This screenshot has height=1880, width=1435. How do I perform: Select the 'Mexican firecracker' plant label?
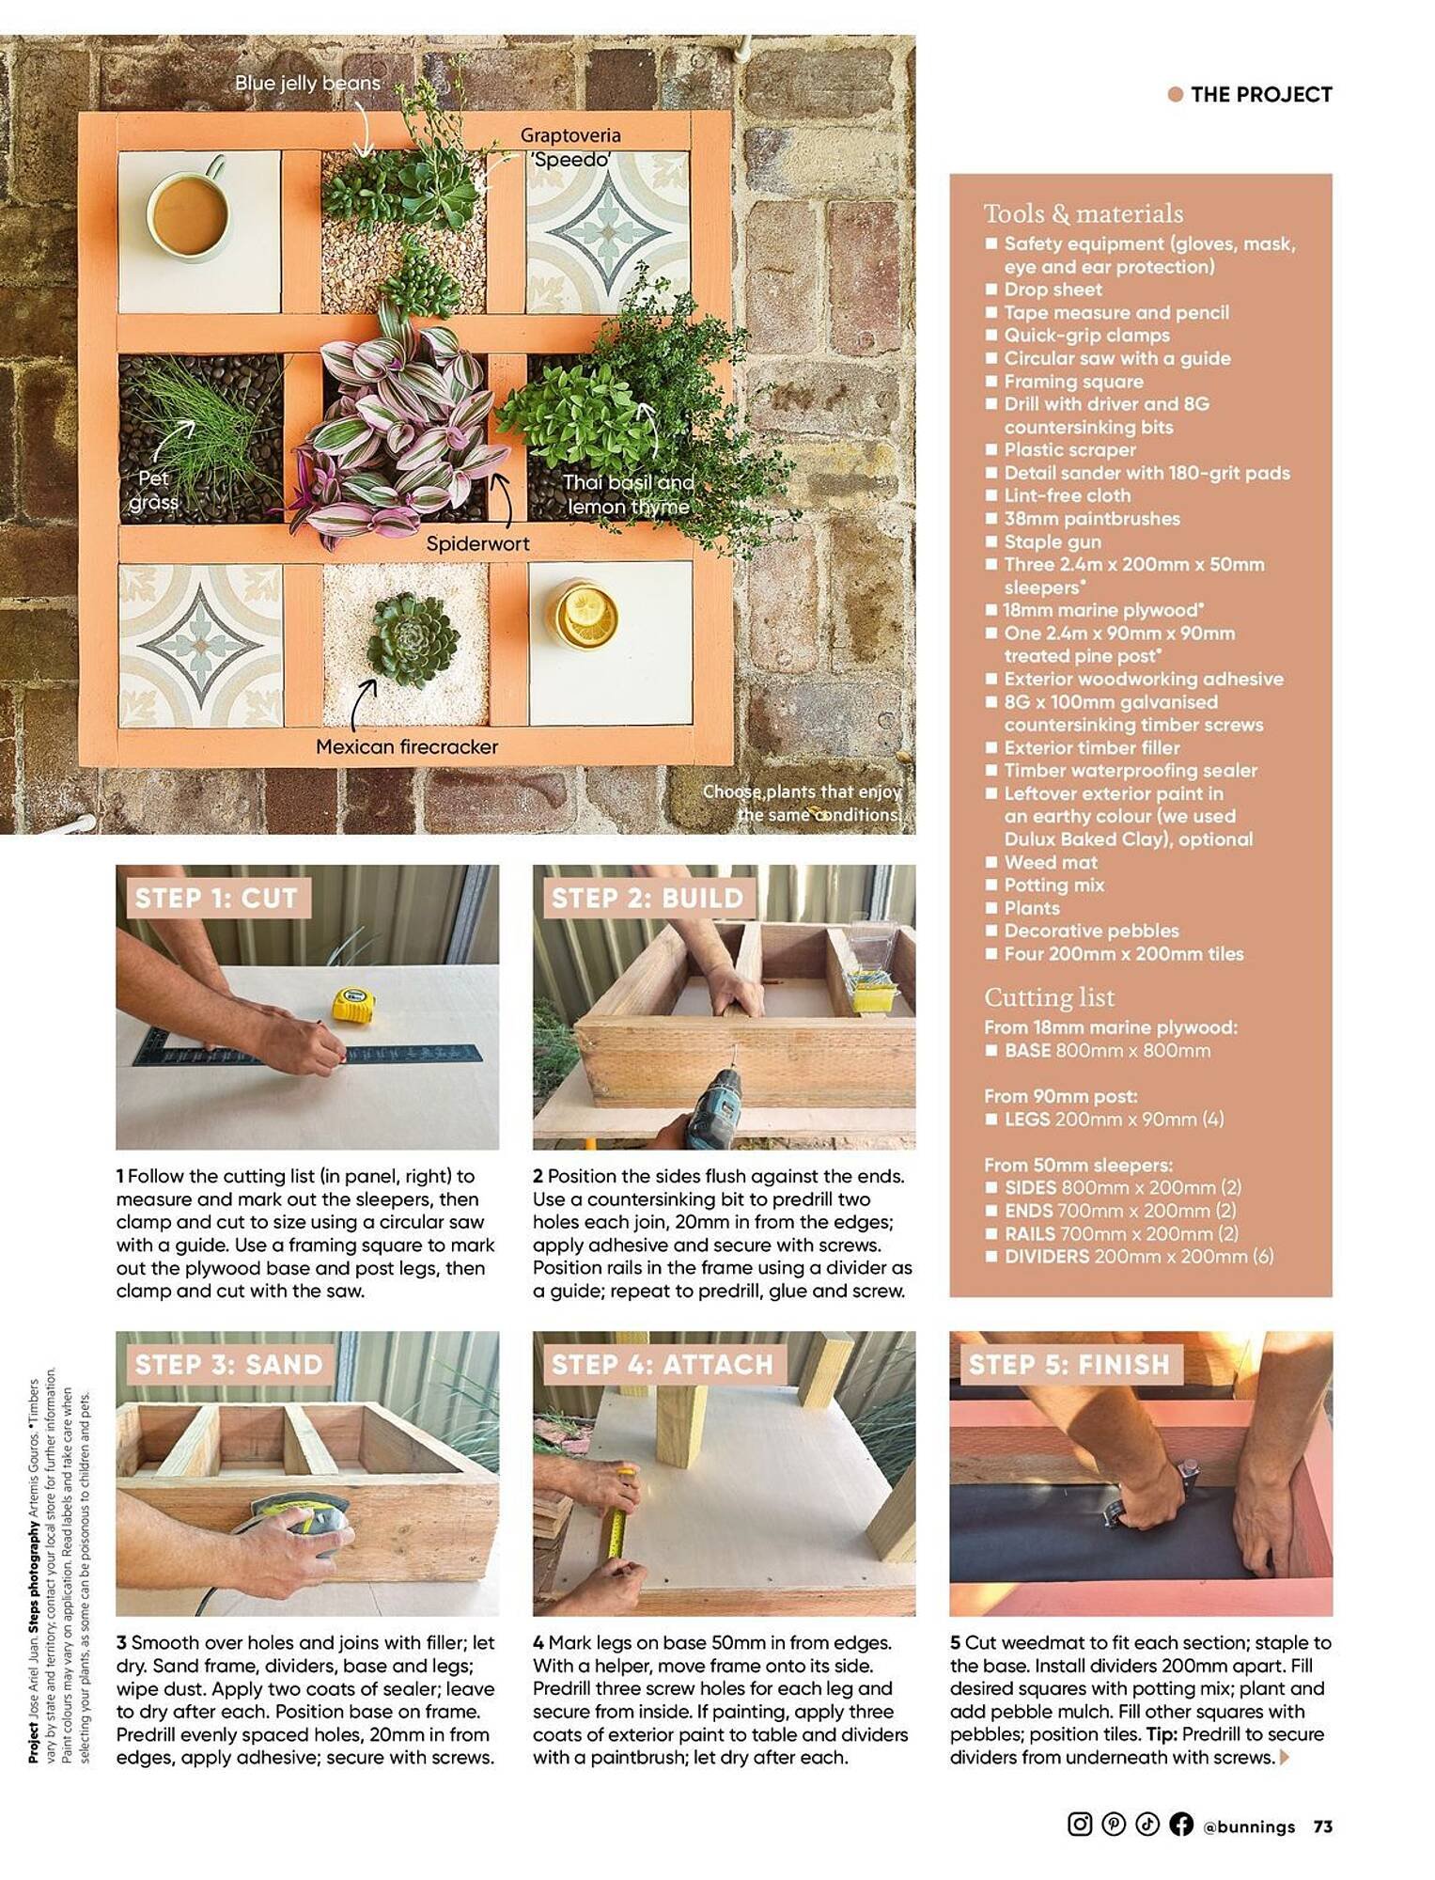[x=406, y=747]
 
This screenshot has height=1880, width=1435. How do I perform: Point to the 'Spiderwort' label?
[x=477, y=543]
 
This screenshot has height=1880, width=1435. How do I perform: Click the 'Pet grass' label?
[x=153, y=490]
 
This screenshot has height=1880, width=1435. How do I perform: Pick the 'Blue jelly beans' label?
[x=307, y=83]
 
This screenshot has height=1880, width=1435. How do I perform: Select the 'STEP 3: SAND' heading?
[x=228, y=1364]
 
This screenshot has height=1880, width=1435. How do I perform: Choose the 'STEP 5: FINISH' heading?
[x=1068, y=1364]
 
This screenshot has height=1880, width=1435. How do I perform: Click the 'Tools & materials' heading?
[x=1083, y=213]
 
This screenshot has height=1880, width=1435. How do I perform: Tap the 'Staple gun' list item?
[x=1052, y=541]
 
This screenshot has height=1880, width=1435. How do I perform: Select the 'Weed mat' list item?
[x=1050, y=862]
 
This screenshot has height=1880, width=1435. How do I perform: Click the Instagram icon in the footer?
[x=1080, y=1825]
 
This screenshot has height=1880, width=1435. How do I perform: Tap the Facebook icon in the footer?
[x=1181, y=1825]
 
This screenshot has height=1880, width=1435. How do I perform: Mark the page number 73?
[x=1322, y=1826]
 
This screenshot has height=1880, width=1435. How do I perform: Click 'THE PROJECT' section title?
[x=1260, y=94]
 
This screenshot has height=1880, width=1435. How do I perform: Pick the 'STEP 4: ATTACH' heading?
[x=662, y=1364]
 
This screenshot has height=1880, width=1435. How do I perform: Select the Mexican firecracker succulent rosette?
[x=405, y=639]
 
